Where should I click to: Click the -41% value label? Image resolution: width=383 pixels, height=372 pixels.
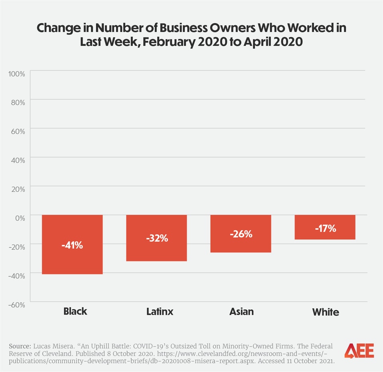(72, 245)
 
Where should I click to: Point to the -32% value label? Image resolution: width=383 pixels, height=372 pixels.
(156, 238)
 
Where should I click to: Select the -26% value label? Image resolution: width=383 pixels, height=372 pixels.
(241, 234)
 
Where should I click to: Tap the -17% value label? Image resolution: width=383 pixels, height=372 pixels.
(325, 229)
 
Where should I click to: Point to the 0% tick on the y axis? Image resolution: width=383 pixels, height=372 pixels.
(20, 218)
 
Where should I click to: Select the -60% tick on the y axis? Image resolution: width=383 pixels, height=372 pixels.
(16, 305)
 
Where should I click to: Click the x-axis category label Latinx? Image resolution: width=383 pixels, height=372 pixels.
(160, 311)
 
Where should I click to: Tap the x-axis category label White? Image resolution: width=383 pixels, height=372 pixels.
(326, 312)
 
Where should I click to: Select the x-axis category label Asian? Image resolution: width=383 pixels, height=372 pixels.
(241, 311)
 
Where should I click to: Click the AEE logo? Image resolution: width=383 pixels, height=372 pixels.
(359, 350)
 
